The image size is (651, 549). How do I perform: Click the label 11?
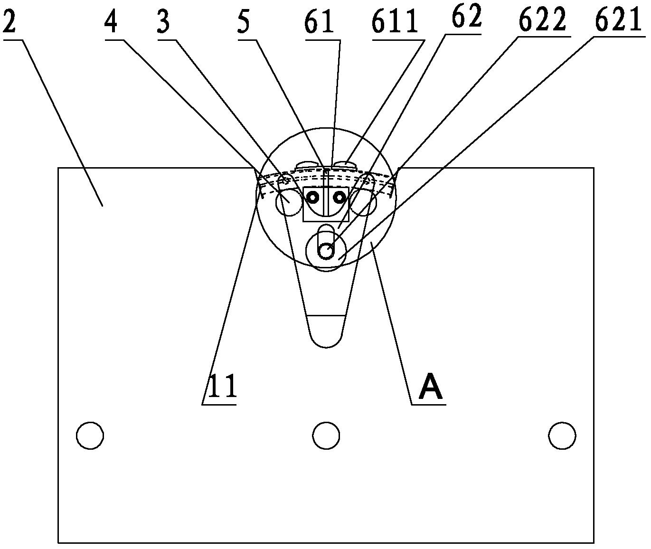pos(223,387)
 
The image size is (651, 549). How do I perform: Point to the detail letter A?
pos(431,389)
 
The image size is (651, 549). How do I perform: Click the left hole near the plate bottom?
pos(90,435)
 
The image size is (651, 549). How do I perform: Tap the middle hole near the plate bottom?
pos(326,435)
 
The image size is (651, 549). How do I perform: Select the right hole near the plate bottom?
pos(562,435)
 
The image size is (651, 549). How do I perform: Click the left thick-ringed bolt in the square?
pos(312,197)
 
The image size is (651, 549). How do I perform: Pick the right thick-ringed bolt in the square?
pos(339,197)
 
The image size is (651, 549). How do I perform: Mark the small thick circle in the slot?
pos(326,251)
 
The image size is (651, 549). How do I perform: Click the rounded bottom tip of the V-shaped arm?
pos(326,347)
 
